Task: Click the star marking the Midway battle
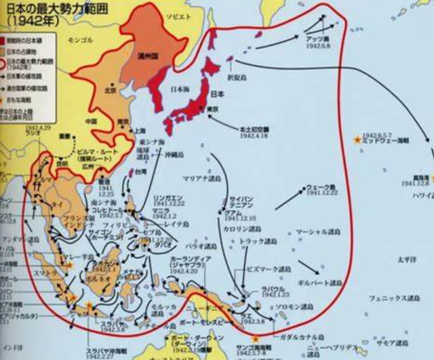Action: click(x=357, y=139)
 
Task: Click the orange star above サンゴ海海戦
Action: click(x=254, y=338)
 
